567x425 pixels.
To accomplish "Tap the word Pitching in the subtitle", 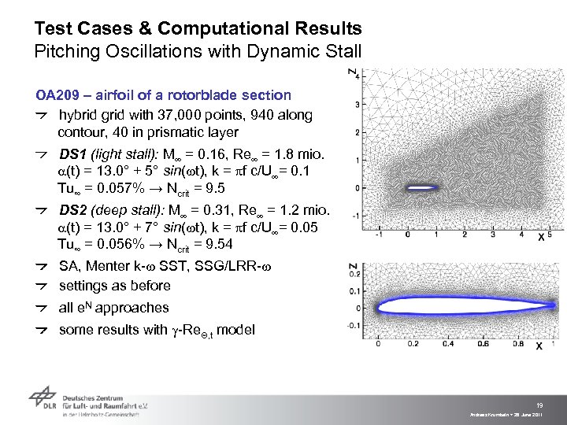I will click(x=64, y=53).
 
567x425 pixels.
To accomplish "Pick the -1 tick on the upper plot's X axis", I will click(x=380, y=234).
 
